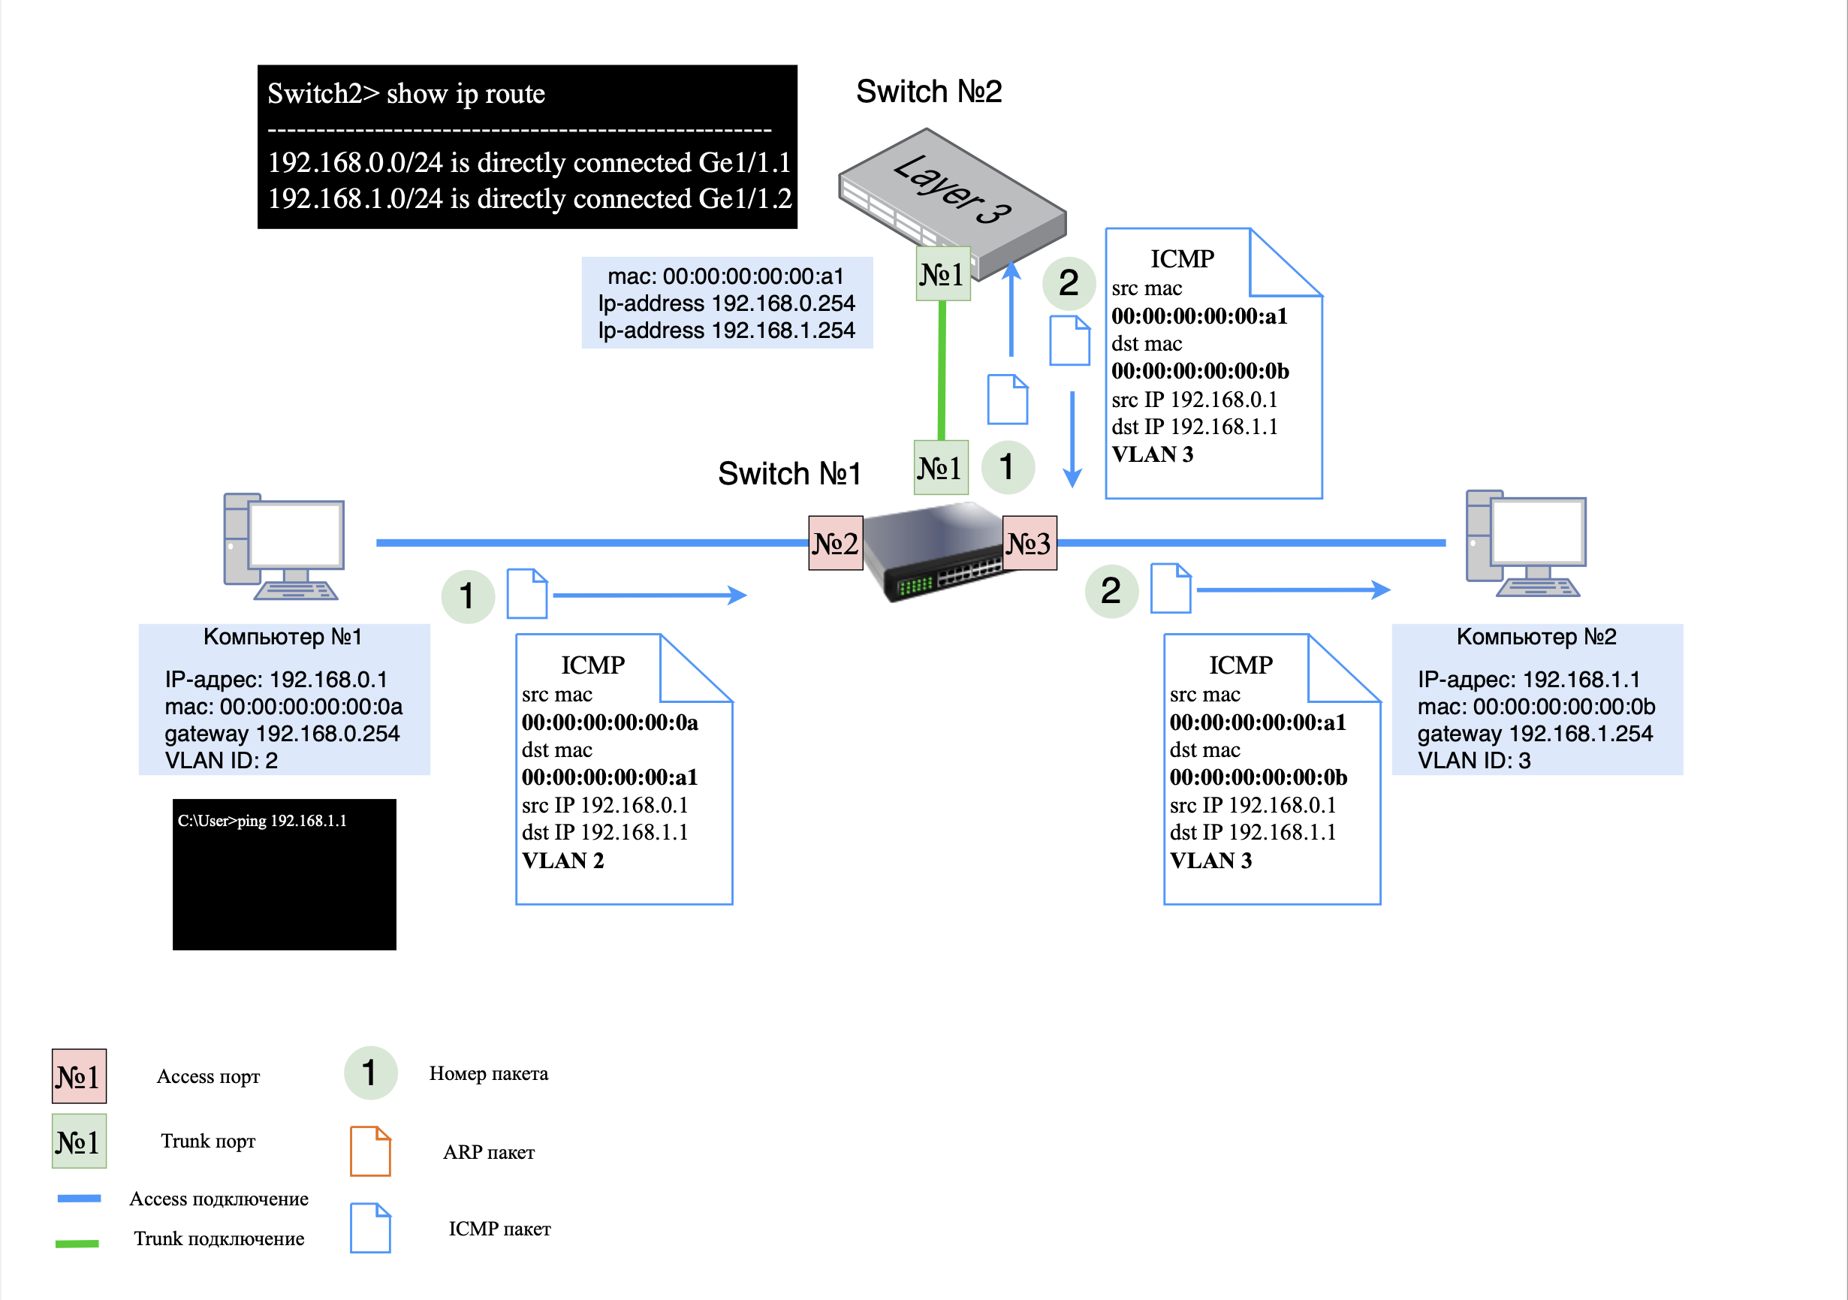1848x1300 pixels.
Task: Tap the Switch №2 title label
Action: pyautogui.click(x=929, y=92)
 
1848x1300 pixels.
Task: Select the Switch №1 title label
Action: pyautogui.click(x=788, y=473)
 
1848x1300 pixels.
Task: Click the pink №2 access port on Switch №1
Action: pyautogui.click(x=836, y=543)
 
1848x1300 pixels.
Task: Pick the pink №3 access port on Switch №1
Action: pyautogui.click(x=1029, y=543)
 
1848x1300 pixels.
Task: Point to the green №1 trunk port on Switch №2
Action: pyautogui.click(x=942, y=274)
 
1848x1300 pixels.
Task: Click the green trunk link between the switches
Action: pyautogui.click(x=942, y=370)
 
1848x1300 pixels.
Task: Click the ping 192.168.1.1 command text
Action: pyautogui.click(x=262, y=820)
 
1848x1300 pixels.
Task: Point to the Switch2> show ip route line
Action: pyautogui.click(x=405, y=94)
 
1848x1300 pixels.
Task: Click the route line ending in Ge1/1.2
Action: pyautogui.click(x=529, y=199)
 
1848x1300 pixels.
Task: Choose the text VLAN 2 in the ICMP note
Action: pyautogui.click(x=562, y=861)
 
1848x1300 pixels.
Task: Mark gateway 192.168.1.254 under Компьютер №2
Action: pyautogui.click(x=1534, y=733)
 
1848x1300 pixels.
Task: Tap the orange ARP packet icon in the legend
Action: pyautogui.click(x=370, y=1151)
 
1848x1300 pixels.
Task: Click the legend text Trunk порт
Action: pyautogui.click(x=208, y=1141)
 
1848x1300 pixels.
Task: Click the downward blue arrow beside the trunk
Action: pyautogui.click(x=1072, y=439)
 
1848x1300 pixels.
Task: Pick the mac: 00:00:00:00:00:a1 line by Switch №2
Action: pyautogui.click(x=725, y=276)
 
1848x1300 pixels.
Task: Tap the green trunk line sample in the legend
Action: pyautogui.click(x=77, y=1243)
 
